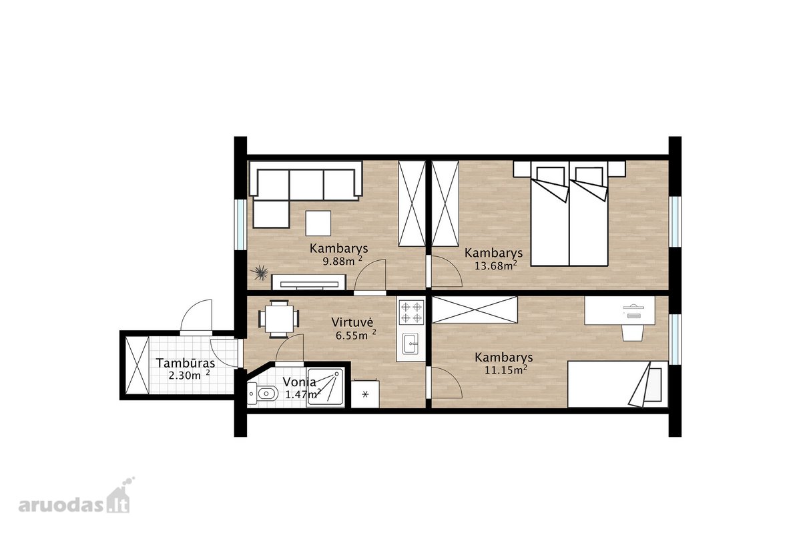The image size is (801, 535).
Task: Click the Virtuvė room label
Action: [x=352, y=322]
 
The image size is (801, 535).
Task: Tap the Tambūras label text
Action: [x=186, y=363]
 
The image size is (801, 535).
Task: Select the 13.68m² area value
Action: [x=495, y=265]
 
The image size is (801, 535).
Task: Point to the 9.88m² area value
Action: [x=342, y=261]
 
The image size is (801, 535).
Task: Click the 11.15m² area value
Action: [x=506, y=370]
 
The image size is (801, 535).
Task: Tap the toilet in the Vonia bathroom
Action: [x=262, y=394]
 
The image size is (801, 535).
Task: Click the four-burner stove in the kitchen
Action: [x=411, y=312]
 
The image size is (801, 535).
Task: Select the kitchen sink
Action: [x=410, y=344]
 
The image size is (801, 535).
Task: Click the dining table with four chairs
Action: [x=279, y=319]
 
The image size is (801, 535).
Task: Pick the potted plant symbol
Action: [x=260, y=273]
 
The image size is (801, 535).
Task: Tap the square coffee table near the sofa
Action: [x=318, y=223]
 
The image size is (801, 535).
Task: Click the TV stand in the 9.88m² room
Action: [x=309, y=282]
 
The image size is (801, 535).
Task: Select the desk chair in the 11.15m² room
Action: [x=631, y=332]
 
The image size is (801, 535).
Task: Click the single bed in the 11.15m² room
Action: [x=617, y=384]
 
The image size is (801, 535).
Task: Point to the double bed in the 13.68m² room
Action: [x=569, y=213]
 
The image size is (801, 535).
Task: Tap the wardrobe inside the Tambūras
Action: [x=138, y=366]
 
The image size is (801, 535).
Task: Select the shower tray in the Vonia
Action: [x=326, y=388]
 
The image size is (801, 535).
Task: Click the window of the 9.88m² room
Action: [x=241, y=224]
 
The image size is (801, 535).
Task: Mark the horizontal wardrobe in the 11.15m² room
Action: [x=475, y=310]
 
